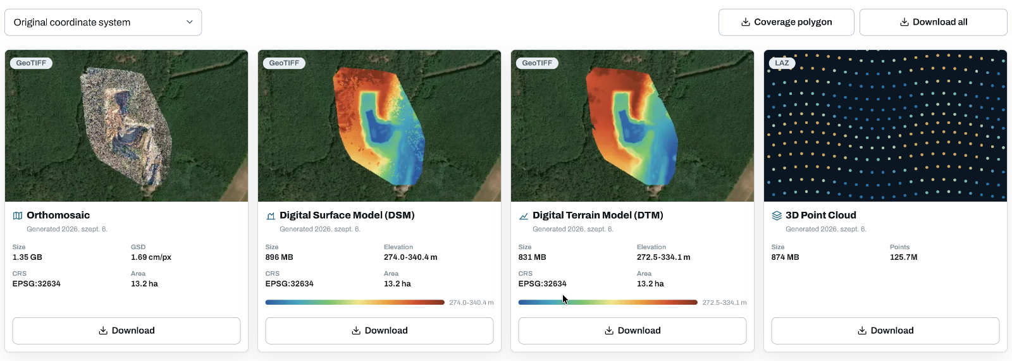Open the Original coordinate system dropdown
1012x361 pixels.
click(x=103, y=22)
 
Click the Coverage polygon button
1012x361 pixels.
click(x=786, y=22)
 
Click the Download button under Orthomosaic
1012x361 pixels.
click(x=126, y=331)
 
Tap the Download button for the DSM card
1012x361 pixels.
click(x=379, y=331)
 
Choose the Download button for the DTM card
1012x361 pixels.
click(x=632, y=331)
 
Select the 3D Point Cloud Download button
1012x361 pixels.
click(x=885, y=331)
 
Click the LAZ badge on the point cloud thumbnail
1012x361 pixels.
click(x=782, y=63)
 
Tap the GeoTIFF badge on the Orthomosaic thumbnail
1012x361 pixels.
click(x=31, y=63)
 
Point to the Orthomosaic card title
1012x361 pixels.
click(x=58, y=215)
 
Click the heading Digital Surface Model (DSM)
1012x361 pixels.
click(x=347, y=215)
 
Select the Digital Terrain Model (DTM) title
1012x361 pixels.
click(x=598, y=215)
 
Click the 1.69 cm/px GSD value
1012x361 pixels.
click(x=151, y=257)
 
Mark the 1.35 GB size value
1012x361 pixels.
click(x=27, y=257)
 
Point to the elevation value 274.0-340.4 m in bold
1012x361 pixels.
click(x=410, y=257)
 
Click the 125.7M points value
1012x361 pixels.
click(x=904, y=257)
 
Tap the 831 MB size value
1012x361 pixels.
click(x=532, y=257)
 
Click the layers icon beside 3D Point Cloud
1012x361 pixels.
click(x=777, y=216)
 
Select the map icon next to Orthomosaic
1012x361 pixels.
click(x=18, y=216)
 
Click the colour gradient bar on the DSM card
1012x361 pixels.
click(x=355, y=302)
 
